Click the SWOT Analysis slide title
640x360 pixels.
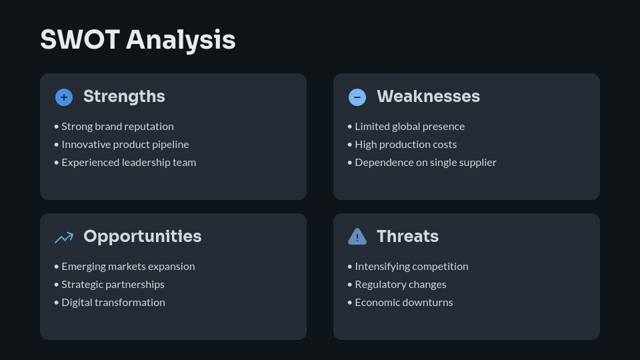[138, 40]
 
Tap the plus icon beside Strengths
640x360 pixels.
[64, 97]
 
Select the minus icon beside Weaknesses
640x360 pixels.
[357, 97]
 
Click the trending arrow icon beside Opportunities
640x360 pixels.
[64, 237]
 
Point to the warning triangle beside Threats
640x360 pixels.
[357, 237]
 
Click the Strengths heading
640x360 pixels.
[124, 97]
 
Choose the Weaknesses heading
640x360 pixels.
[428, 97]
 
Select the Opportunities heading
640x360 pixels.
[142, 237]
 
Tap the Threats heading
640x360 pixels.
[407, 237]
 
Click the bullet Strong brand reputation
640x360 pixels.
[117, 127]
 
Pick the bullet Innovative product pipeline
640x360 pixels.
[125, 145]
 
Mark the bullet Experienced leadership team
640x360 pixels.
[129, 163]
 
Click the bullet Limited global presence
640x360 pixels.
[409, 127]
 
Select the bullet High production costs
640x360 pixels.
[405, 145]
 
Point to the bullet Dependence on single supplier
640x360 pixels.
[425, 163]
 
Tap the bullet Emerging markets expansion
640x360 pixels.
[128, 267]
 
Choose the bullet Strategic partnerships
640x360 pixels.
[113, 285]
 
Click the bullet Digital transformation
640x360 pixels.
[113, 303]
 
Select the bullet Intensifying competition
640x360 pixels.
[411, 267]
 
